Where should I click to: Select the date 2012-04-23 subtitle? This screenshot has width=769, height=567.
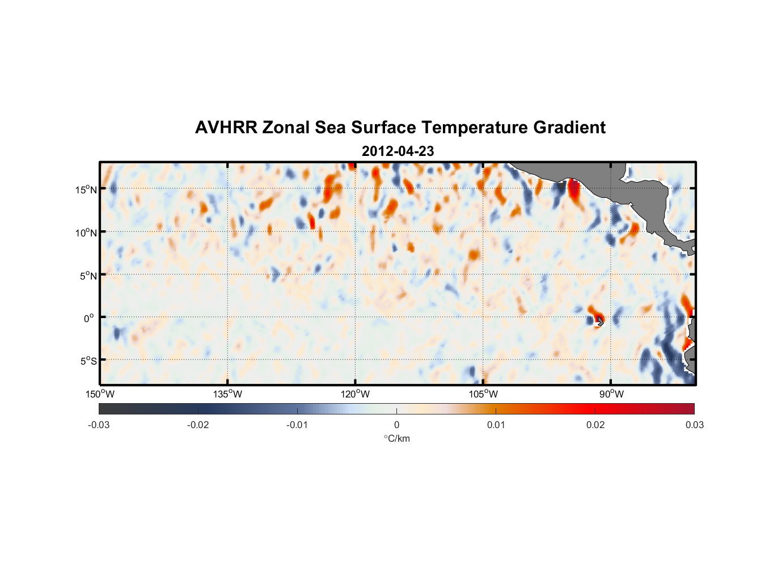398,151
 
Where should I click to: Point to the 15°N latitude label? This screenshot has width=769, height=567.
86,189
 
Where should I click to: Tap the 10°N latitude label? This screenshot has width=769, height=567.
86,232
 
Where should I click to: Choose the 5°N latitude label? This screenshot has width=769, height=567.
88,276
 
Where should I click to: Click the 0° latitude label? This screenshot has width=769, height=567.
89,318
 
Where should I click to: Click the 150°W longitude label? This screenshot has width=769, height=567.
100,394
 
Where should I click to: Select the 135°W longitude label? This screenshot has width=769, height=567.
227,394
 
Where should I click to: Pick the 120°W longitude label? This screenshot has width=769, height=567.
356,394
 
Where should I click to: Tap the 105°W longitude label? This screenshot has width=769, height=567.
483,394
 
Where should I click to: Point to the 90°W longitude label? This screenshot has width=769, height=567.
611,394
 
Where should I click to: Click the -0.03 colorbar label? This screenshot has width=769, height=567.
99,425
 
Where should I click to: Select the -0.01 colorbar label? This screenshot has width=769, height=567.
297,425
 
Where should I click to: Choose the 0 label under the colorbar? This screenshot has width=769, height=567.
396,425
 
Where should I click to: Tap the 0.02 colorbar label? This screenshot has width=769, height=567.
595,425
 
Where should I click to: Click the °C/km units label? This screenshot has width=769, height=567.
396,438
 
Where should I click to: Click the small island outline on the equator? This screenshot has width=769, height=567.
600,321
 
